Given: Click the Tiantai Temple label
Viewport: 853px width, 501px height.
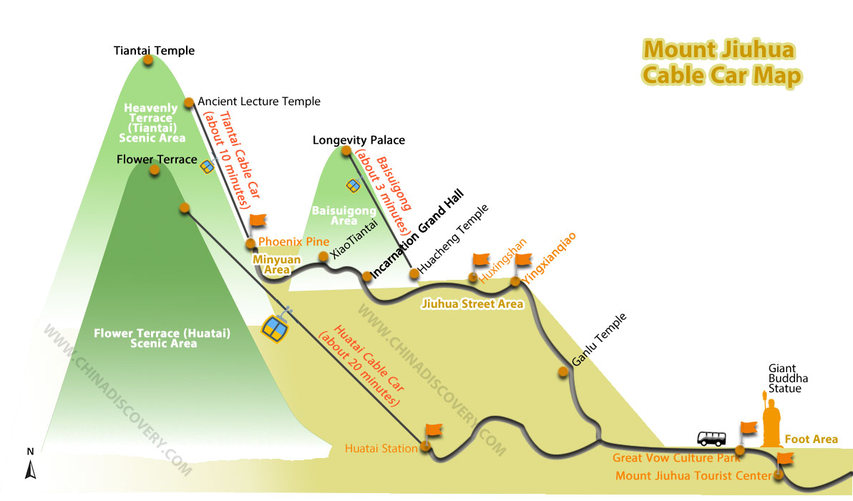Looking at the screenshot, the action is (154, 51).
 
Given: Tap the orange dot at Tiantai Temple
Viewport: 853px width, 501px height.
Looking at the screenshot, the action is (148, 60).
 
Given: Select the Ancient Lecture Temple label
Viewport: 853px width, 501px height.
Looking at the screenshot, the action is (259, 102).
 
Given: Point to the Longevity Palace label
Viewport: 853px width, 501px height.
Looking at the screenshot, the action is (359, 140).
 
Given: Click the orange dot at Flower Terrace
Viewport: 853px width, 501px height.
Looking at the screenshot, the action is (155, 170).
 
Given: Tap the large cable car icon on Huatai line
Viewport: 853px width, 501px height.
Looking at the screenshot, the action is (276, 326).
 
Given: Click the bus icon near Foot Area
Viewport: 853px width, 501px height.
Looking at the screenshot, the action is (711, 438).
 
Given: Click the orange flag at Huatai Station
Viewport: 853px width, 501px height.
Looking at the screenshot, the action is (433, 431).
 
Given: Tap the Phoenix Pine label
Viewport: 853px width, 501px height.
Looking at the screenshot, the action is (294, 241).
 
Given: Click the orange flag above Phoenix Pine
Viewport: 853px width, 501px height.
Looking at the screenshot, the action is (258, 221).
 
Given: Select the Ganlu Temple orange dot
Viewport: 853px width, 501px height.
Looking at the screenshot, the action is (563, 372).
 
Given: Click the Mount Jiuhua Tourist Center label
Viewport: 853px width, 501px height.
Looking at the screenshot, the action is (693, 476).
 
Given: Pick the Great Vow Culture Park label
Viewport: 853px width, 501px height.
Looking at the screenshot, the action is (676, 458).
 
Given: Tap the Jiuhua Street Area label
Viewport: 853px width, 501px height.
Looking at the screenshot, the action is (472, 304).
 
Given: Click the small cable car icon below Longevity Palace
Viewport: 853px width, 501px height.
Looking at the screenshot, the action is (353, 186).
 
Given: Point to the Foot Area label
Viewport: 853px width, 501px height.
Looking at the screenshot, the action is (811, 439).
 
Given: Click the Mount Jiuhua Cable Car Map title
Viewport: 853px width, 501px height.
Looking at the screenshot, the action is (721, 62).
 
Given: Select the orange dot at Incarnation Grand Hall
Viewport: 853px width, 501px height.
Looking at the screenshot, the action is (367, 276).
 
